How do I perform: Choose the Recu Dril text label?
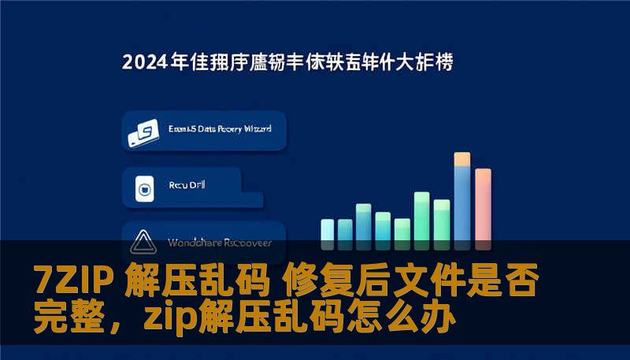tap(187, 187)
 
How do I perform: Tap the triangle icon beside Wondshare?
tap(143, 239)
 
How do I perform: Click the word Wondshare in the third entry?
tap(192, 243)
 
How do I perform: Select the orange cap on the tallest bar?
tap(462, 159)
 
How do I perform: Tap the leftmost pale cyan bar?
tap(328, 230)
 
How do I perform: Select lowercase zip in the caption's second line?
tap(172, 319)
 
